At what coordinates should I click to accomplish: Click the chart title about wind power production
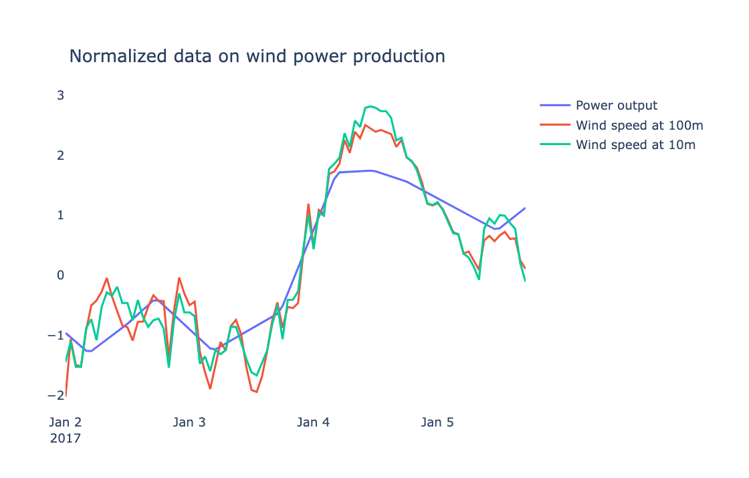coord(257,57)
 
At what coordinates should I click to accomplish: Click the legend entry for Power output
coord(616,106)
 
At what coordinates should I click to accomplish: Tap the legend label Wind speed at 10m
coord(636,144)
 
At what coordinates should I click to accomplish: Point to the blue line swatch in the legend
coord(555,106)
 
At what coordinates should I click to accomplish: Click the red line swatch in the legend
coord(555,125)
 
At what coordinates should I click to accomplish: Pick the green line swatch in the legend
coord(555,144)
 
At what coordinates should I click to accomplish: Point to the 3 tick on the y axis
coord(60,95)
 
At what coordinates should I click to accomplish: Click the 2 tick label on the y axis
coord(60,155)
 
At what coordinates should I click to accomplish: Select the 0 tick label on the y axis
coord(60,275)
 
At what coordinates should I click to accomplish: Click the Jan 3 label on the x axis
coord(189,423)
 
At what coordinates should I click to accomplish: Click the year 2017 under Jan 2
coord(65,439)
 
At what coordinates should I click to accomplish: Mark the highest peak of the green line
coord(370,106)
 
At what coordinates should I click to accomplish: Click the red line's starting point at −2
coord(66,395)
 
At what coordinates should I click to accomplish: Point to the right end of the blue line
coord(525,208)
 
